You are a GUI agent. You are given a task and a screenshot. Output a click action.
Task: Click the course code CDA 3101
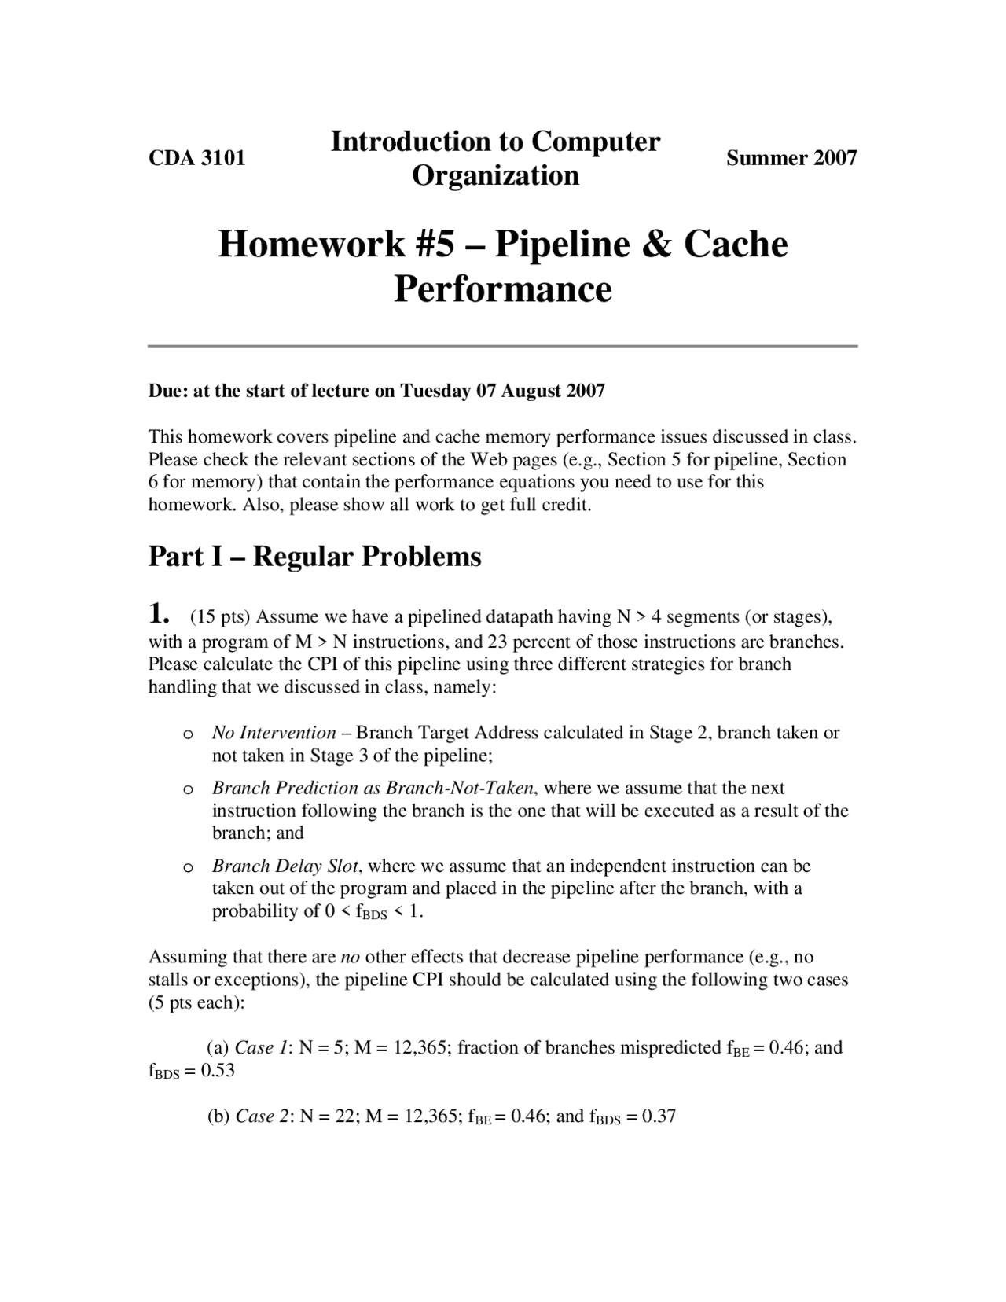point(197,158)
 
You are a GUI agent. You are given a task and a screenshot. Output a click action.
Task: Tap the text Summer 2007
point(791,158)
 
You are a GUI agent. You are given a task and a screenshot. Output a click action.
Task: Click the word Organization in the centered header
point(496,175)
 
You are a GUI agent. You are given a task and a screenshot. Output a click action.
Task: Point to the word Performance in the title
point(502,289)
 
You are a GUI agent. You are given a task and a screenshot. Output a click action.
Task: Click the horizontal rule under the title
point(503,346)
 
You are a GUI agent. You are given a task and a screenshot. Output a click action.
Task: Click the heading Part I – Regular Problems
point(314,557)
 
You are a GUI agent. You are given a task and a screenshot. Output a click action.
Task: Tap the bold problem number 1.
point(159,612)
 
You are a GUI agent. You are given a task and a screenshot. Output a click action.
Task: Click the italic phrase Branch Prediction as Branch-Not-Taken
point(373,788)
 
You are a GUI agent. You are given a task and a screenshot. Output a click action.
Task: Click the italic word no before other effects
point(350,957)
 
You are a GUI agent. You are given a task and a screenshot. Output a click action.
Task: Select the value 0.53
point(218,1070)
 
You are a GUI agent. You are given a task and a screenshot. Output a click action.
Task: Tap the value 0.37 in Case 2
point(659,1116)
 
